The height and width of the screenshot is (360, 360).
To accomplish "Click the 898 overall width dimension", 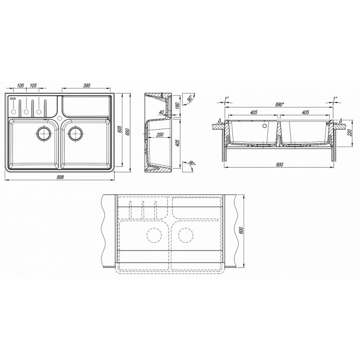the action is click(60, 177).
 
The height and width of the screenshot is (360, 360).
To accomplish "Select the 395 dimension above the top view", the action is click(86, 86).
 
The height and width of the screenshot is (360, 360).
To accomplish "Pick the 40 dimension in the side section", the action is click(161, 112).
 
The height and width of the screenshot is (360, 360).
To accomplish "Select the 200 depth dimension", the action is click(160, 135).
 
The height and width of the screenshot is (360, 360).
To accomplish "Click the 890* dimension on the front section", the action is click(280, 104).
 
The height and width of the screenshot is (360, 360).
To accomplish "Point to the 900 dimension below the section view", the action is click(280, 165).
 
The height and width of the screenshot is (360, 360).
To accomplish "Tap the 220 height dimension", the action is click(350, 133).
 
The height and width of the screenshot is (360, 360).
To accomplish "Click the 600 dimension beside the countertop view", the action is click(241, 231).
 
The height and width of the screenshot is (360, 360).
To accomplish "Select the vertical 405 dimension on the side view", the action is click(177, 143).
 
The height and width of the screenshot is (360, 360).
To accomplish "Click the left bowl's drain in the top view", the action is click(43, 133).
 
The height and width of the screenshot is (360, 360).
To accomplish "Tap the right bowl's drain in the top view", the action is click(75, 133).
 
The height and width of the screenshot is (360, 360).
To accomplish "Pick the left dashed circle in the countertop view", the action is click(154, 235).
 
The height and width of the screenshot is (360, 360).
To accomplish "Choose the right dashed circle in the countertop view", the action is click(186, 235).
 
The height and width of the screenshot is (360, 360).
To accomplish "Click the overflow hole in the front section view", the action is click(265, 125).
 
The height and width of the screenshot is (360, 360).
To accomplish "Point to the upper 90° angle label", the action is click(190, 99).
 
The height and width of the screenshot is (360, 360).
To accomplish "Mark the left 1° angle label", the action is click(227, 98).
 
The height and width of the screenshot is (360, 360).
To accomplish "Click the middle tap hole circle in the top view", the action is click(26, 112).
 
